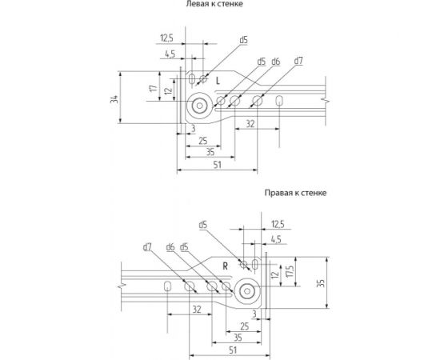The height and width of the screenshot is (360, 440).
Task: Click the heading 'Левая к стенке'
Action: [x=214, y=5]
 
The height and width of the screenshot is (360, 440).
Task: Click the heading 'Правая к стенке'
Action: [x=295, y=193]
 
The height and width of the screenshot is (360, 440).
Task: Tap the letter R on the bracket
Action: [x=226, y=265]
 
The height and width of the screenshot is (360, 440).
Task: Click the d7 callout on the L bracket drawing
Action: [x=298, y=61]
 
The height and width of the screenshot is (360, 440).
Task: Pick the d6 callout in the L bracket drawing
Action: [x=275, y=61]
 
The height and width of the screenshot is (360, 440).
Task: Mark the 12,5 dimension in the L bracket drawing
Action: [x=167, y=37]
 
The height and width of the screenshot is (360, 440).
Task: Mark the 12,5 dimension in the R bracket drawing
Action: [x=278, y=224]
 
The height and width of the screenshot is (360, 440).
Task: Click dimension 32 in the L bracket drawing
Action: [x=250, y=125]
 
